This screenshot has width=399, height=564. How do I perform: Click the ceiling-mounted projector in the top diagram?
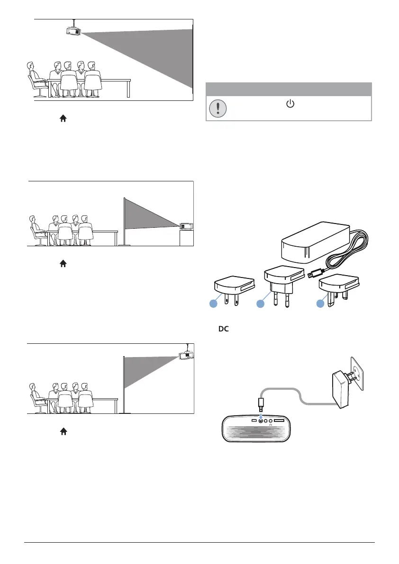click(x=73, y=31)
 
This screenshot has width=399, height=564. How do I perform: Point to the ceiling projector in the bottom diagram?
click(x=187, y=355)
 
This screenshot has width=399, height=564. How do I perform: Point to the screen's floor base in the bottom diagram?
click(x=125, y=412)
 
